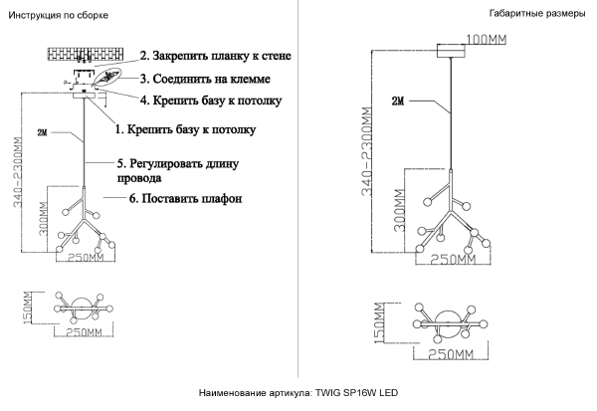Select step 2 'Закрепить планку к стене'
click(215, 56)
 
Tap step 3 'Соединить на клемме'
click(205, 78)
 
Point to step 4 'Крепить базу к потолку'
click(210, 101)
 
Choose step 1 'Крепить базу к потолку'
click(186, 129)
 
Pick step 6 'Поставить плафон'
click(186, 199)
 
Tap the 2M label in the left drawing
click(41, 132)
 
